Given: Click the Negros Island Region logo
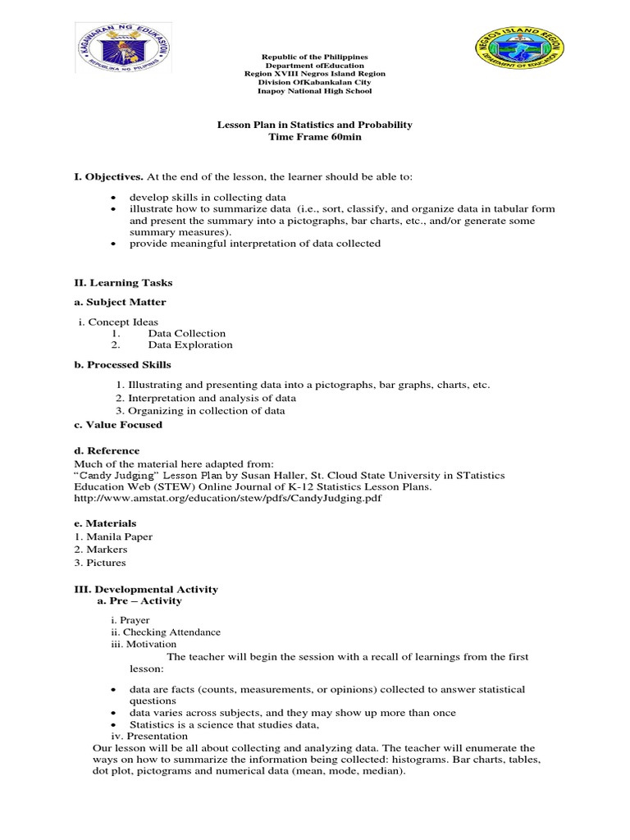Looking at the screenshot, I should (516, 60).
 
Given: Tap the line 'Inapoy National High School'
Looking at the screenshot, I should (315, 91).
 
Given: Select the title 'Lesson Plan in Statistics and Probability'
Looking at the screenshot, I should (315, 125).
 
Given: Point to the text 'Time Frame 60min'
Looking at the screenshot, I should (315, 137).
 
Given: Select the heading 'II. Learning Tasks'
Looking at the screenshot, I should (123, 282).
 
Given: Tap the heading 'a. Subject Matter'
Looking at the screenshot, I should (120, 302).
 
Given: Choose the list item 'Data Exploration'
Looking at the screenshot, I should (189, 345).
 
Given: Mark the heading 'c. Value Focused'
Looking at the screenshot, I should (118, 424).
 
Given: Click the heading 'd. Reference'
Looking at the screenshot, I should (107, 450).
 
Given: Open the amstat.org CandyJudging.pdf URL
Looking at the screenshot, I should (228, 497).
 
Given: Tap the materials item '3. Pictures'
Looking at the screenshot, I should (100, 563).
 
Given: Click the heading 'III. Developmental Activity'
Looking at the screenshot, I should (146, 589).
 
